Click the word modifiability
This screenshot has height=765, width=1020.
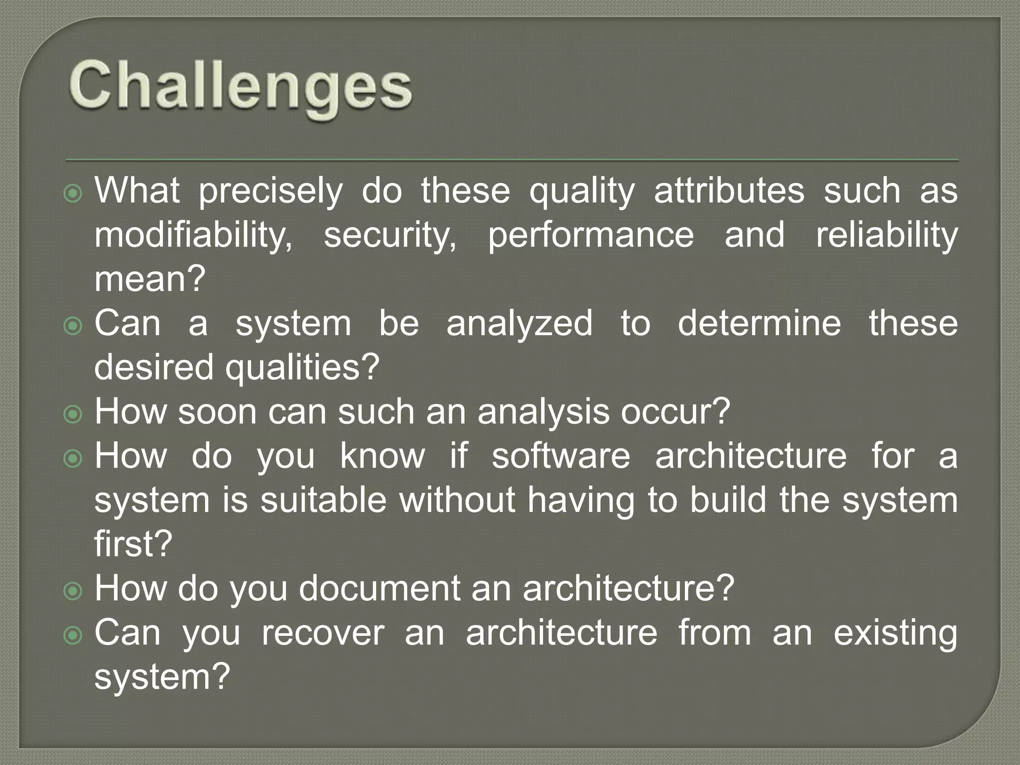[x=193, y=235]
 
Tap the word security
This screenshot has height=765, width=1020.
[x=389, y=235]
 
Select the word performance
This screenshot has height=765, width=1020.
[x=590, y=235]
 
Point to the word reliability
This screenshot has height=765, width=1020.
[x=887, y=235]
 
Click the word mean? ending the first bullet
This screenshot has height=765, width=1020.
[x=150, y=279]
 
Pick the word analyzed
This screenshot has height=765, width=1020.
[x=519, y=323]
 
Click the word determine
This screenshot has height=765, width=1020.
[x=759, y=323]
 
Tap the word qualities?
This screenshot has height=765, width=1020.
[x=302, y=368]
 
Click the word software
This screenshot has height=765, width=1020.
[x=561, y=456]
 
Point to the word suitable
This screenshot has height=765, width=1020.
[x=323, y=500]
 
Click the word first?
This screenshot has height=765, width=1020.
[x=133, y=544]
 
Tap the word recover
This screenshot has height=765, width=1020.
[x=323, y=633]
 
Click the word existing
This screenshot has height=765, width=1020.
[x=895, y=633]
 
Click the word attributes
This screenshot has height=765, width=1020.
[x=729, y=191]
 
